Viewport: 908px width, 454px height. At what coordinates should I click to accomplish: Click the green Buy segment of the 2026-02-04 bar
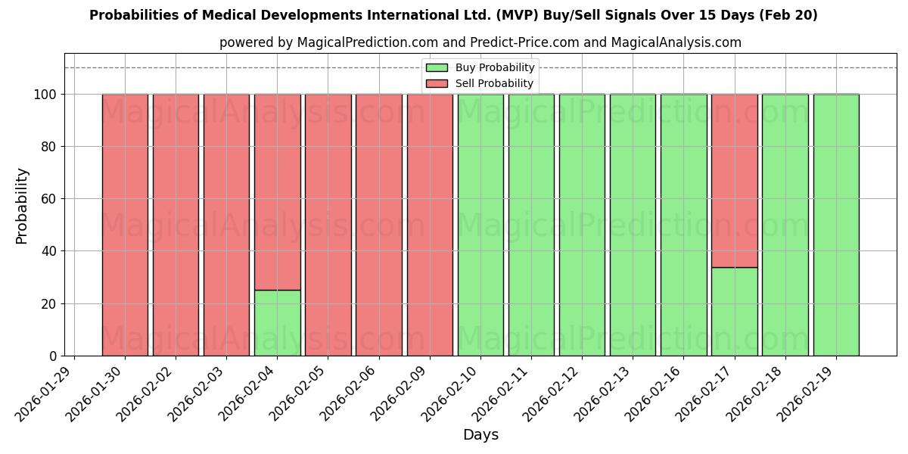[277, 323]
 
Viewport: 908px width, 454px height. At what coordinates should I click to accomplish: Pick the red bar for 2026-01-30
[125, 225]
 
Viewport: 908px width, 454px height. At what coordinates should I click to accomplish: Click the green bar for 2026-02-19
[835, 225]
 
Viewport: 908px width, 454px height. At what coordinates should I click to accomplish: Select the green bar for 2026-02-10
[480, 225]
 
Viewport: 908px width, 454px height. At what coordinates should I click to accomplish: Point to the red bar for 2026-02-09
[430, 225]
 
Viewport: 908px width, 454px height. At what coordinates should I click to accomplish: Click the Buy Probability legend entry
[494, 68]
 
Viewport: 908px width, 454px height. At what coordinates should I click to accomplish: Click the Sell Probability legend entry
[494, 84]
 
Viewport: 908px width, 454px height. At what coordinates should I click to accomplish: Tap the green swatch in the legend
[437, 68]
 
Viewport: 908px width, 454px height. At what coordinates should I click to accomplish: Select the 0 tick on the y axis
[54, 356]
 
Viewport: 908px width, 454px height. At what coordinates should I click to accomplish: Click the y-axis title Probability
[22, 205]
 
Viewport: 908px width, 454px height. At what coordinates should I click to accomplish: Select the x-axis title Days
[480, 435]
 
